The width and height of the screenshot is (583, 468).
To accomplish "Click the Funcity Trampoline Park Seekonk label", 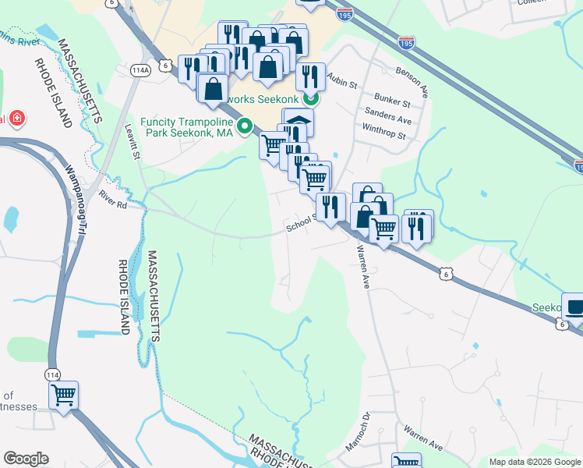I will (187, 127).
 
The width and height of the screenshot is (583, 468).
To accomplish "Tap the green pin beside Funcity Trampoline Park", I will (245, 126).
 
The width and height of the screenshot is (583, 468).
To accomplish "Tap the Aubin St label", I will (341, 80).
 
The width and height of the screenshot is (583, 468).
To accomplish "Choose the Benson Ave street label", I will (412, 80).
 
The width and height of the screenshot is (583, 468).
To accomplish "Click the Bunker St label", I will (392, 102).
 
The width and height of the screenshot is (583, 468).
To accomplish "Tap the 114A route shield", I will (141, 70).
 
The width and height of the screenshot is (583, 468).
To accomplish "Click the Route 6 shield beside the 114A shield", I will (165, 66).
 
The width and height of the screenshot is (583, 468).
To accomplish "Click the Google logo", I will (26, 459).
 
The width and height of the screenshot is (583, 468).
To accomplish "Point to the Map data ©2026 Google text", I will (534, 462).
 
